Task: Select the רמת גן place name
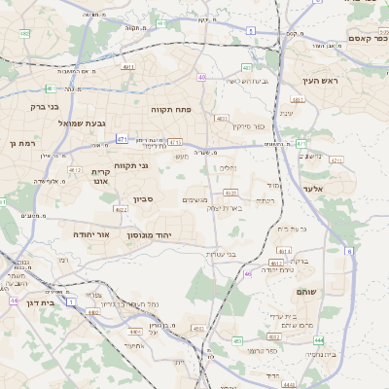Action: click(21, 143)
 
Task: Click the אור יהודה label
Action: click(91, 235)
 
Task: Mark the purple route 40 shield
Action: click(201, 77)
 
